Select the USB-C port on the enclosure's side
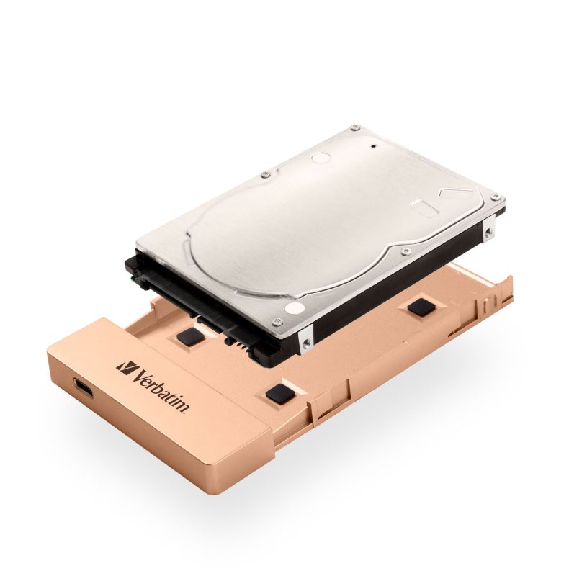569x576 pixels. pos(83,388)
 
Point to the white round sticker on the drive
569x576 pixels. pos(295,308)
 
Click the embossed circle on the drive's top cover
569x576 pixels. pos(321,157)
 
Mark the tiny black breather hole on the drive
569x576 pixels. pos(375,146)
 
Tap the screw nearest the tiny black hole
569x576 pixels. pos(354,128)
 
